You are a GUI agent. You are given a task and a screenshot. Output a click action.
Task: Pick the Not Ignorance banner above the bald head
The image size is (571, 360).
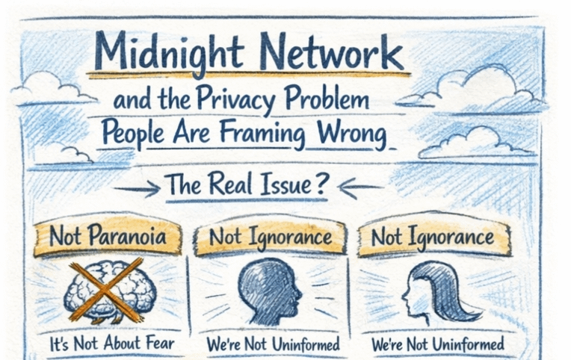tap(270, 238)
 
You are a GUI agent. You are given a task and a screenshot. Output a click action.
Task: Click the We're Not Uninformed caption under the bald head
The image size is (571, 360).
tap(272, 345)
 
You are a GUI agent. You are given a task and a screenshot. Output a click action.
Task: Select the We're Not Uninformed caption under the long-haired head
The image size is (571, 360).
tap(438, 345)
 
